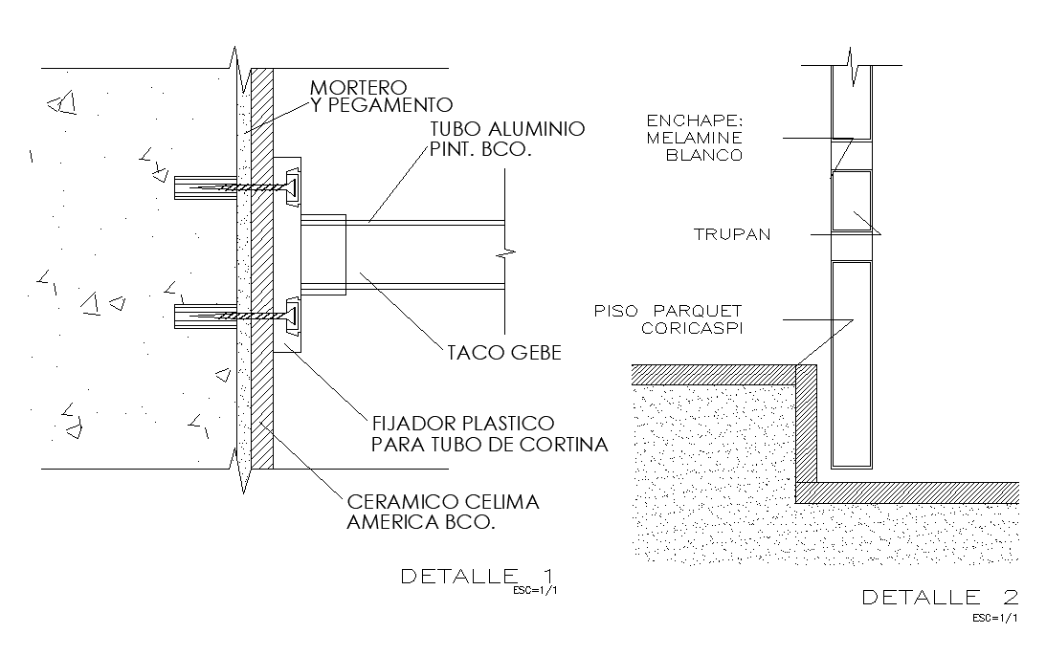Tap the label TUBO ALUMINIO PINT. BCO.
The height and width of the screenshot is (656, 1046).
click(x=506, y=140)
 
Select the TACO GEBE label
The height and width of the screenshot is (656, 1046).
click(x=503, y=353)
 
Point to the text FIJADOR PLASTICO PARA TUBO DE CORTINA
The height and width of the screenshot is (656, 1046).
click(x=489, y=433)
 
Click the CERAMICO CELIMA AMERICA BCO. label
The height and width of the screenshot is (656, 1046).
click(x=443, y=512)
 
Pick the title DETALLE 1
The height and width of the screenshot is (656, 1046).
click(x=477, y=577)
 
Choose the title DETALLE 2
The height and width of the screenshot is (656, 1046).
click(x=940, y=598)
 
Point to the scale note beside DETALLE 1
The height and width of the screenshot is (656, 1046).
click(x=536, y=590)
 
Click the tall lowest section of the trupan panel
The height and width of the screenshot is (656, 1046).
click(x=851, y=363)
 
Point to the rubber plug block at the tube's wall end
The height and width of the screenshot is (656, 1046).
click(x=323, y=252)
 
